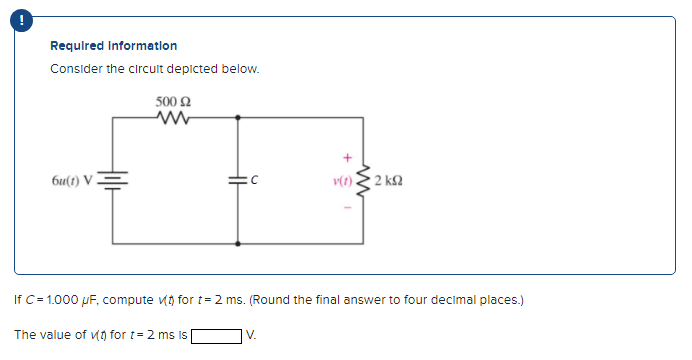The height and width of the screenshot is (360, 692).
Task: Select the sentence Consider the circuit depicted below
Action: (154, 69)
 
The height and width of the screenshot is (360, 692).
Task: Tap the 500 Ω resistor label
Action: (174, 101)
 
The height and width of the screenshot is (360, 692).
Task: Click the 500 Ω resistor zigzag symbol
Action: (174, 117)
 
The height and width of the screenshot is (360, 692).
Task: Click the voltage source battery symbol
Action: (113, 180)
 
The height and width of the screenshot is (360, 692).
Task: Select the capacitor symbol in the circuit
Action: (237, 180)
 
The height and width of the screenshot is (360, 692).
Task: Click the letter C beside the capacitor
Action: (255, 181)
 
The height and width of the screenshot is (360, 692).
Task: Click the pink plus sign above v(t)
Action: (347, 157)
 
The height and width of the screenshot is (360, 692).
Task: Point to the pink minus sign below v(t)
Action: (347, 208)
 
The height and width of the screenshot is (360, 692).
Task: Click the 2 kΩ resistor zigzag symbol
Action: (366, 181)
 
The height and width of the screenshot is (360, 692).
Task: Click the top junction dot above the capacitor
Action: (237, 117)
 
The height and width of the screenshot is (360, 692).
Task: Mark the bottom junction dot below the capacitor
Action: (237, 243)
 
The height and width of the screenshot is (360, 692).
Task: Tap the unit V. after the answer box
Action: (251, 335)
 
